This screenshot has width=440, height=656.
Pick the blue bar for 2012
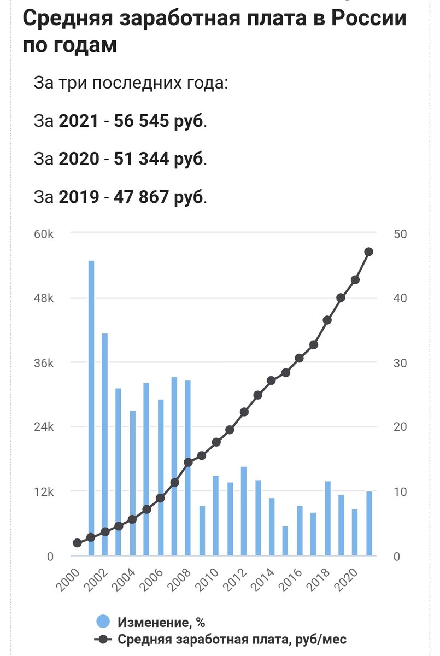click(244, 511)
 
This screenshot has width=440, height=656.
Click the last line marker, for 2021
click(369, 252)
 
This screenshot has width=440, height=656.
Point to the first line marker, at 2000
click(77, 543)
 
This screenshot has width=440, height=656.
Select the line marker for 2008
click(188, 462)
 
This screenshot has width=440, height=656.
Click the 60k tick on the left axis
click(44, 234)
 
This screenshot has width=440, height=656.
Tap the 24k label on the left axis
click(44, 427)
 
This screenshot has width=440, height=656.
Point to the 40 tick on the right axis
click(400, 298)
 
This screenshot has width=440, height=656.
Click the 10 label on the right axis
click(400, 491)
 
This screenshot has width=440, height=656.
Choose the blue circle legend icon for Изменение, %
click(103, 622)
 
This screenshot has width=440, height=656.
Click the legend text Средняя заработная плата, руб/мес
click(232, 639)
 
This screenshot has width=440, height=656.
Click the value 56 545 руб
click(159, 121)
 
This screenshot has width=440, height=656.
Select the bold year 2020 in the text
click(79, 159)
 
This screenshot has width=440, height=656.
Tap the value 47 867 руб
click(159, 197)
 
